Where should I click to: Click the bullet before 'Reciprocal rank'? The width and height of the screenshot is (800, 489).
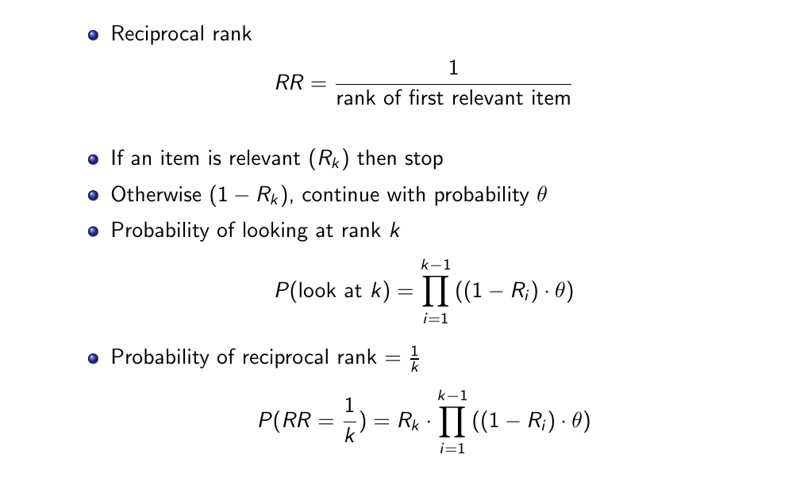point(93,35)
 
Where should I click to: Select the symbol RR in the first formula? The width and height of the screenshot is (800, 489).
point(290,83)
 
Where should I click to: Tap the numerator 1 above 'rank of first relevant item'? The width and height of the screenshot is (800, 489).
point(453,69)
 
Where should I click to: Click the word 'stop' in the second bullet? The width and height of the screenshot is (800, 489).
point(424,159)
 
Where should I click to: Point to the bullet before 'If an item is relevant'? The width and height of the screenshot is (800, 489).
point(93,159)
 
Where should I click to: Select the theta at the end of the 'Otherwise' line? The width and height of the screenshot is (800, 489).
point(542,195)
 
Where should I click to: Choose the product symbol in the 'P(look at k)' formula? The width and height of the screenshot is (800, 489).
point(436,292)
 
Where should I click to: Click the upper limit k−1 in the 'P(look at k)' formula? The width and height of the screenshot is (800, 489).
point(436,265)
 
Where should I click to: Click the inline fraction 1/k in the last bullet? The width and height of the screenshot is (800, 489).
point(413,357)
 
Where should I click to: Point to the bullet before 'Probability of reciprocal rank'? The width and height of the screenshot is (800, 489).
point(93,357)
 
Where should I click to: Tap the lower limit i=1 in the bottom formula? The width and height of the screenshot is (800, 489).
point(452,449)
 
